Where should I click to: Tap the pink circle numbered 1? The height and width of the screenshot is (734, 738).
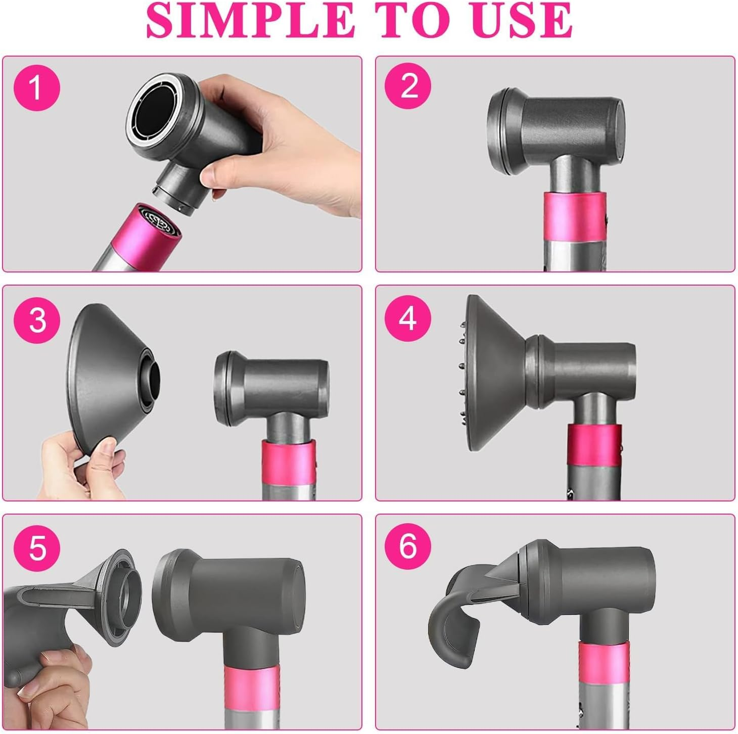click(37, 88)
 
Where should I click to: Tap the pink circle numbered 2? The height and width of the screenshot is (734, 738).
click(408, 86)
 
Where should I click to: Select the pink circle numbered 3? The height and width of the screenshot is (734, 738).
click(37, 319)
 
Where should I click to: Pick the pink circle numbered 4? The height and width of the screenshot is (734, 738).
click(408, 318)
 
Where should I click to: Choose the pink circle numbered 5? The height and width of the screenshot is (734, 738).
click(37, 547)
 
